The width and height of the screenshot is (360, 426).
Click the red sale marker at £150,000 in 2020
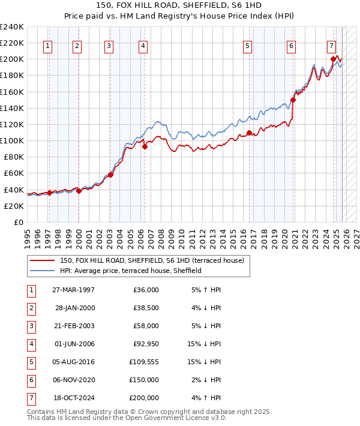point(293,100)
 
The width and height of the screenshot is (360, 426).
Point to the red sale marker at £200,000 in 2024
point(333,59)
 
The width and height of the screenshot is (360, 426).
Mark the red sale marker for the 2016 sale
point(249,133)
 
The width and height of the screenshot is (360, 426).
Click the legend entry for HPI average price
point(130,271)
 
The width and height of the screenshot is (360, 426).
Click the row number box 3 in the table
point(31,326)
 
